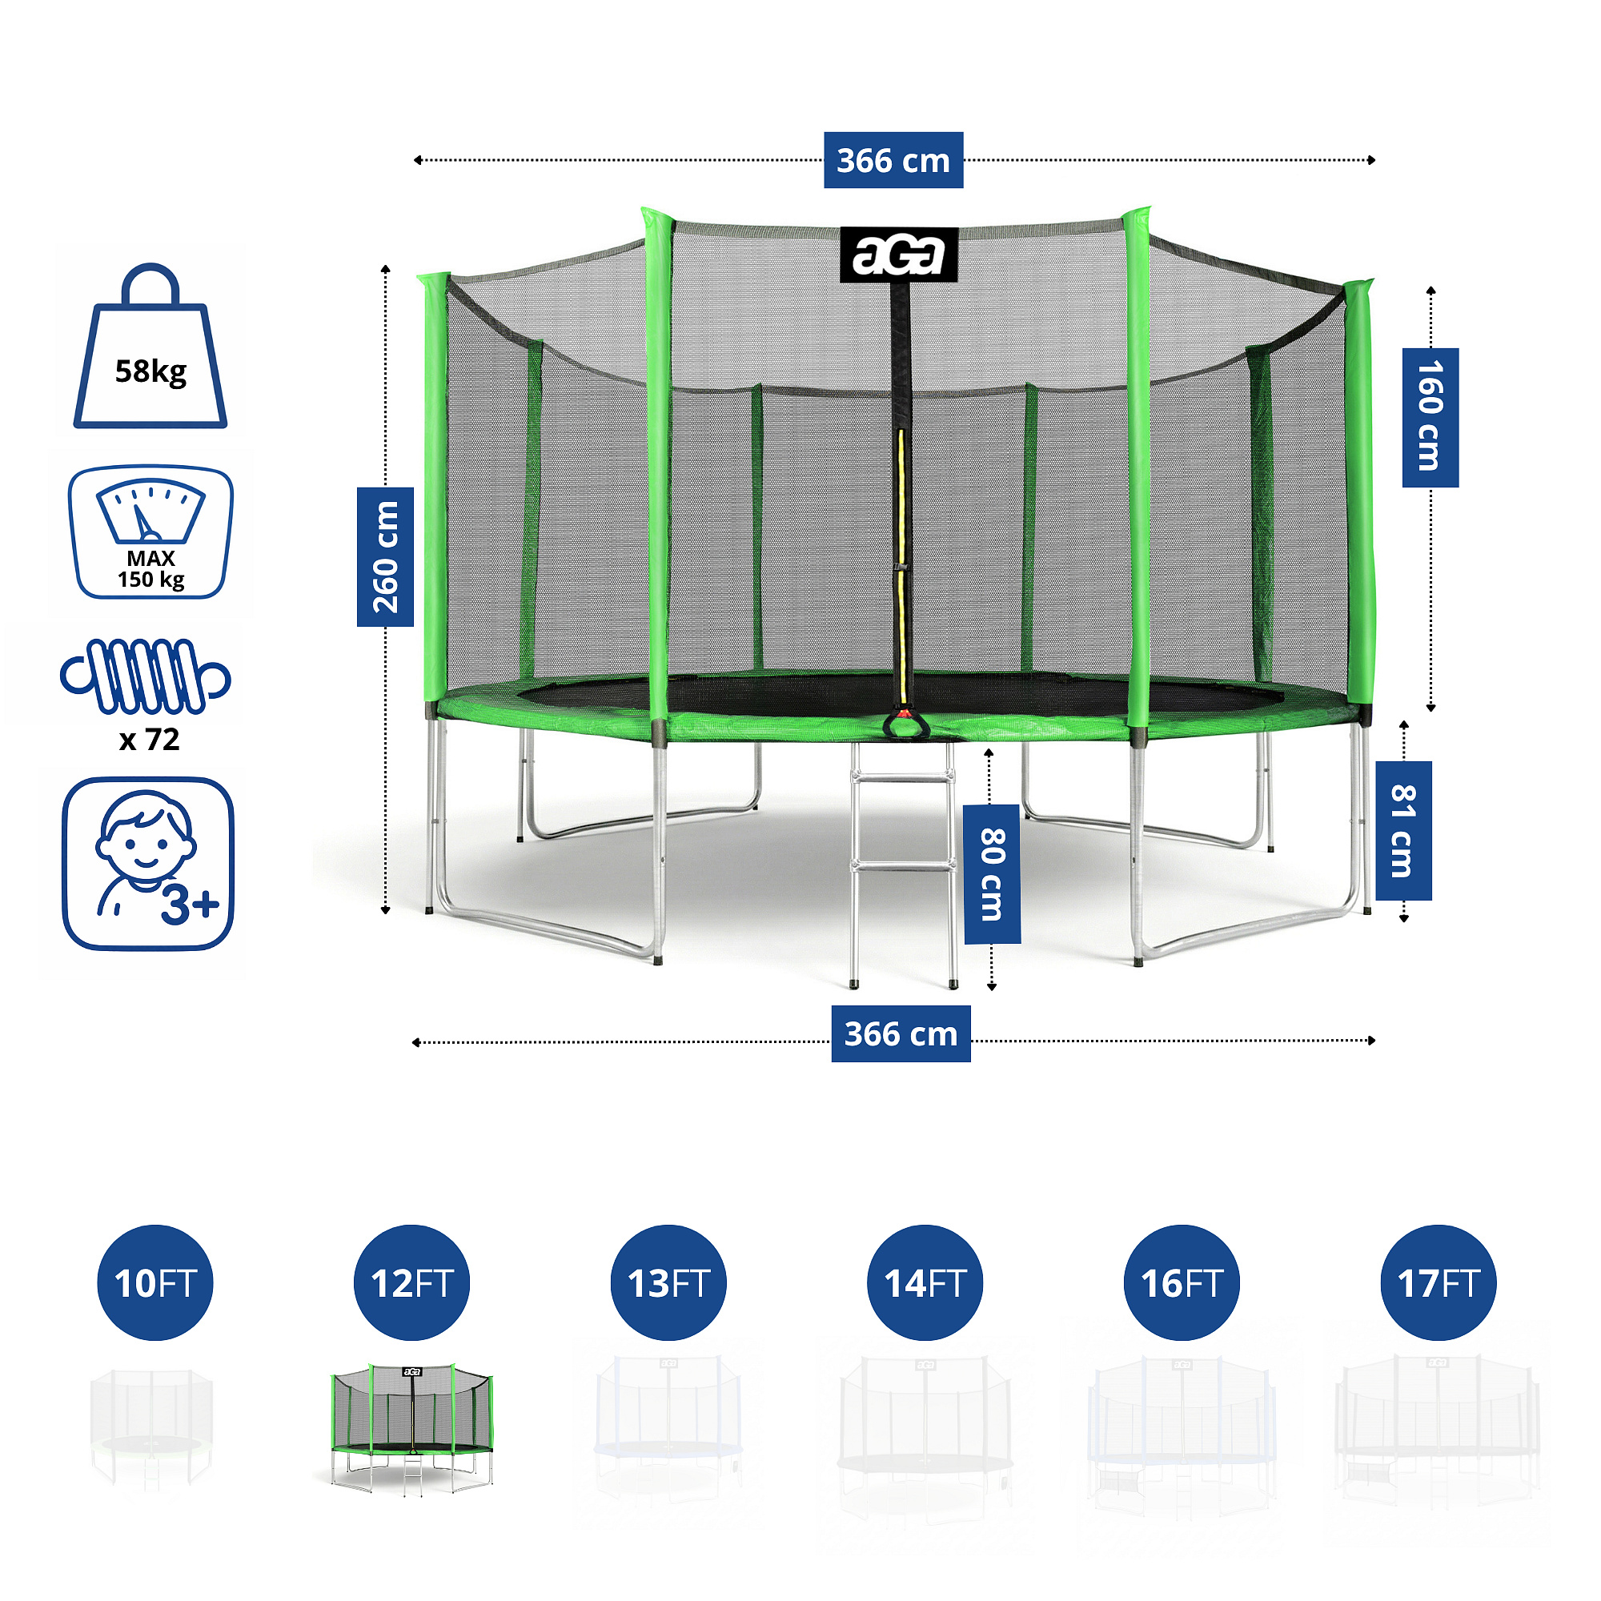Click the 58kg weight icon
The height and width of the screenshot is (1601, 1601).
click(150, 348)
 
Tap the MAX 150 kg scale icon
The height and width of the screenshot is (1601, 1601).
click(150, 532)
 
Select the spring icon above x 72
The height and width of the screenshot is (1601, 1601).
click(146, 676)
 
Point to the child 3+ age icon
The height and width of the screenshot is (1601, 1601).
click(148, 864)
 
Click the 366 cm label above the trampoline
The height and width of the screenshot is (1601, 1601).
click(893, 160)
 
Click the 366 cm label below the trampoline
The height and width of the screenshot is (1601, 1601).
click(901, 1033)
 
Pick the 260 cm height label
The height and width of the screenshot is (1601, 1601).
click(385, 557)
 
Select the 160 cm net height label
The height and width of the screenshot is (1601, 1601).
click(1430, 417)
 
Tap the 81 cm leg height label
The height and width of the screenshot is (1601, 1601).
click(1403, 830)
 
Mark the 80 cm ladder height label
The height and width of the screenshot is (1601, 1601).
click(992, 873)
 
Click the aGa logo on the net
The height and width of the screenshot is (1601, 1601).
click(898, 255)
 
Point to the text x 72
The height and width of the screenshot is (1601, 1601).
click(149, 739)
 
